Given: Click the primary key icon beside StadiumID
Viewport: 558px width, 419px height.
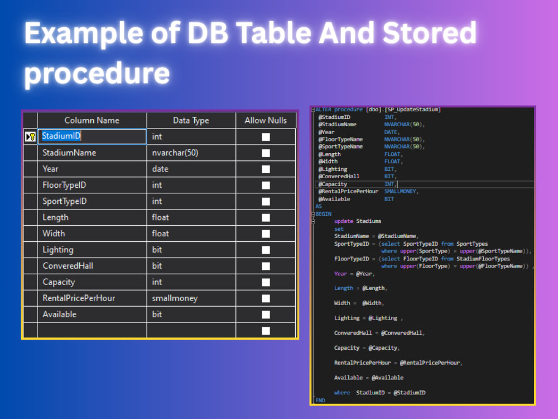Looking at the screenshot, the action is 31,136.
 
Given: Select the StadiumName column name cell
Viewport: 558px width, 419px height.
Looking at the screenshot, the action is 92,153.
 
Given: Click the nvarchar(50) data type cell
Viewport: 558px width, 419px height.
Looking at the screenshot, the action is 191,153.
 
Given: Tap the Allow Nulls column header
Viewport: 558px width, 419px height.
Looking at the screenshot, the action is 266,121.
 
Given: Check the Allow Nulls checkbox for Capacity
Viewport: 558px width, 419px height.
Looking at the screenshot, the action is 266,282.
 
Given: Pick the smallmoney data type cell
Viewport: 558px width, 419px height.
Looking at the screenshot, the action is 191,298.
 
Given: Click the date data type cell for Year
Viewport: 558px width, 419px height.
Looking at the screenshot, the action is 191,169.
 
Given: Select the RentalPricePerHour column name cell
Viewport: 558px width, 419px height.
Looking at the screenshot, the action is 92,298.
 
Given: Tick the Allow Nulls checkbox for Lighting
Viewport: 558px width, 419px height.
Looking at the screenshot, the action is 266,250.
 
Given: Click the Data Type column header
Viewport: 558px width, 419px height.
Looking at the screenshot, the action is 191,121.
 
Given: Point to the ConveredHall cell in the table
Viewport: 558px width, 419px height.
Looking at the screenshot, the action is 92,266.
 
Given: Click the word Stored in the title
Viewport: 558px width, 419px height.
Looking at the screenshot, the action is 430,33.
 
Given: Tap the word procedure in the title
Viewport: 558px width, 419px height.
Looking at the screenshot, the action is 97,73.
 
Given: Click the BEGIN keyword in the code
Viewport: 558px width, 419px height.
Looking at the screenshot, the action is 324,214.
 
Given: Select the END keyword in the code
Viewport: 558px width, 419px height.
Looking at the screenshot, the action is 320,400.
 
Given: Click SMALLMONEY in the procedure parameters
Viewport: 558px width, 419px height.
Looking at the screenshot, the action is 400,191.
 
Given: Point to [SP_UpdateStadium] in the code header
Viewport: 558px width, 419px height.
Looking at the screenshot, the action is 413,109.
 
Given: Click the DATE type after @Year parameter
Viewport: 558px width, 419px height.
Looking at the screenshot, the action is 391,132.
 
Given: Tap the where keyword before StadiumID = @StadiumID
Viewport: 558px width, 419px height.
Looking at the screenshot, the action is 342,393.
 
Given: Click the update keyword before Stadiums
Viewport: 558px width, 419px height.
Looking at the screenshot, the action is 343,221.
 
